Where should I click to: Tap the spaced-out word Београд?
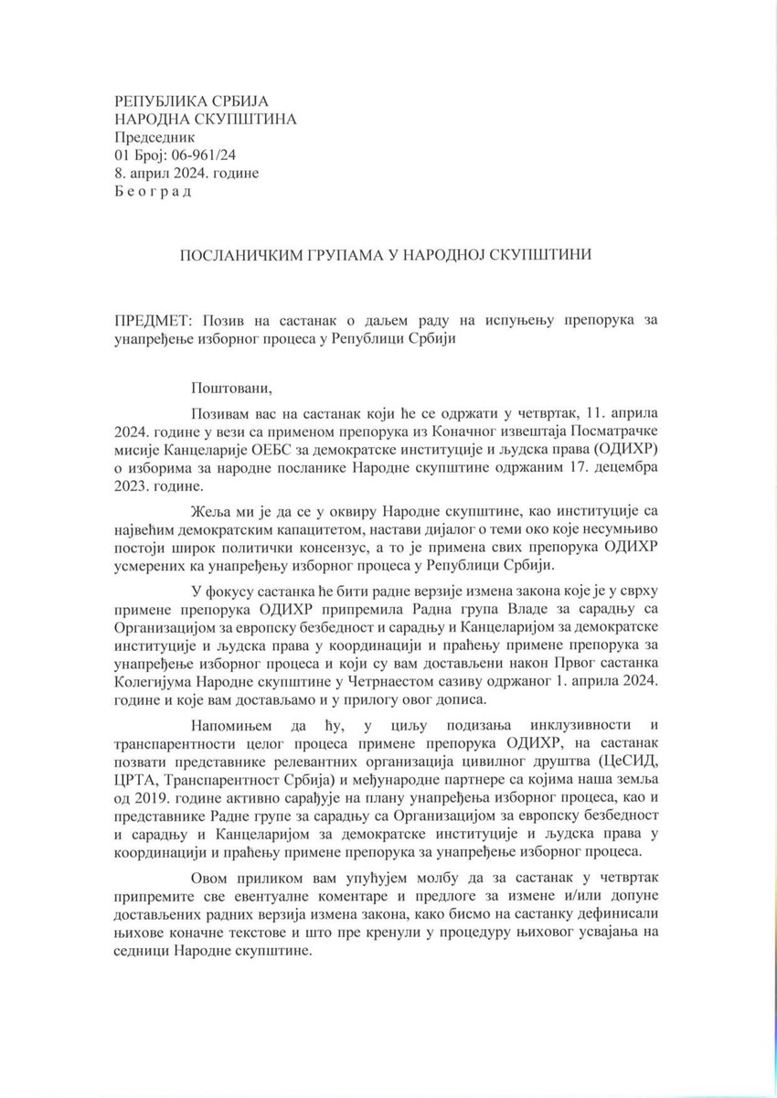(153, 192)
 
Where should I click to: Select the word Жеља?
(209, 508)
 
